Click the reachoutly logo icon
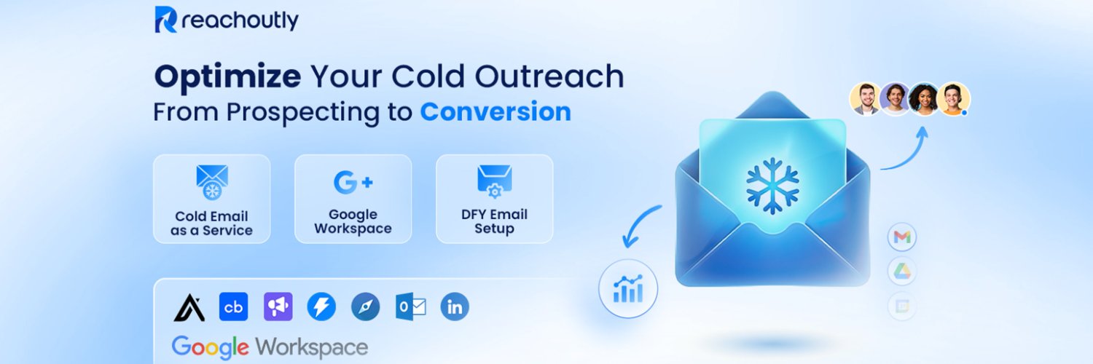pos(165,20)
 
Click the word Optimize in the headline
pos(227,77)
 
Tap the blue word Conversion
pos(495,111)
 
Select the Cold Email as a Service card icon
pos(212,182)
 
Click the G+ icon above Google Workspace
pos(353,182)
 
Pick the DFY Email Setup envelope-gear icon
pos(494,181)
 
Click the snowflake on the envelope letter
pos(772,186)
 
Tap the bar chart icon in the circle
pos(628,288)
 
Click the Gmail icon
pos(902,237)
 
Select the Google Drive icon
pos(902,272)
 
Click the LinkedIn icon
pos(454,306)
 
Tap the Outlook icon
pos(410,306)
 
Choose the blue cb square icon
pos(233,306)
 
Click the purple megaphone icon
pos(278,306)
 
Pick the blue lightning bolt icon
pos(321,306)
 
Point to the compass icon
pos(366,306)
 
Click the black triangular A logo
pos(189,307)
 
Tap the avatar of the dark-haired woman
pos(924,99)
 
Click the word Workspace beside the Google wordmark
pos(312,347)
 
